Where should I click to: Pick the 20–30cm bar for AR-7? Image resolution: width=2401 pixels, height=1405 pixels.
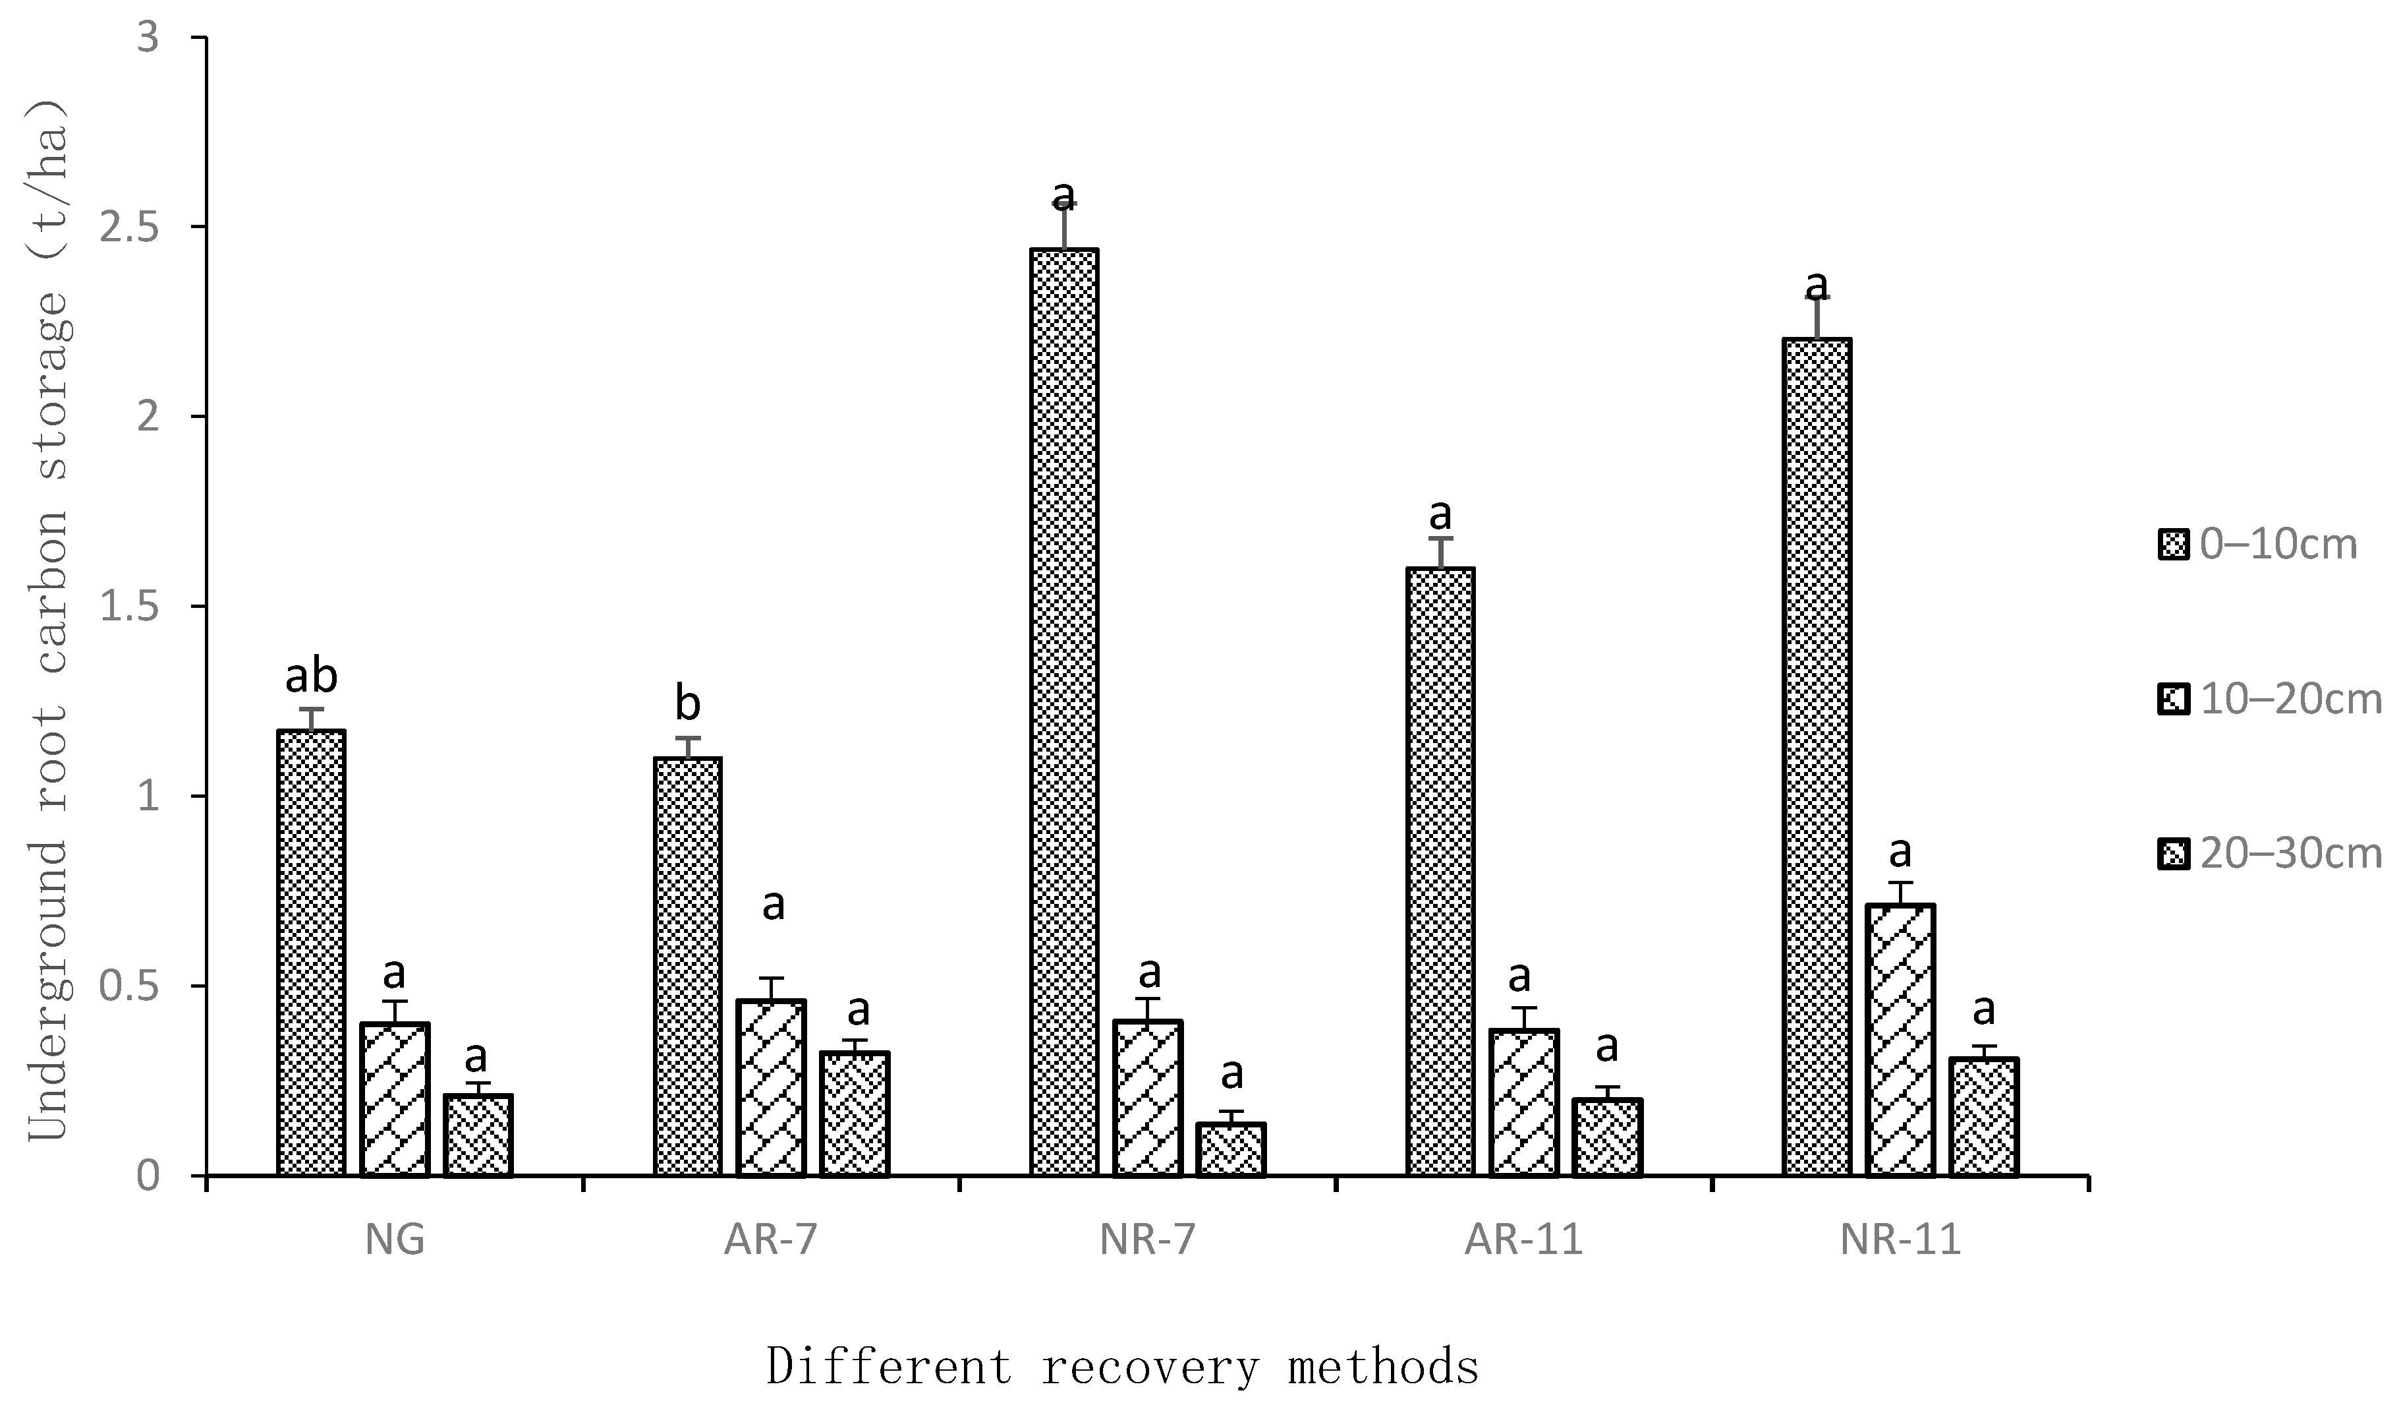click(x=855, y=1114)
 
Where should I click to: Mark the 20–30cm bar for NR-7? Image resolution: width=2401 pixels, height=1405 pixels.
click(x=1231, y=1150)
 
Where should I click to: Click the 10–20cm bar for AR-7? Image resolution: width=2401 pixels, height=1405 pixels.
click(x=771, y=1088)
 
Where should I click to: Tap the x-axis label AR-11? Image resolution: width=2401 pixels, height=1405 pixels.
click(x=1523, y=1240)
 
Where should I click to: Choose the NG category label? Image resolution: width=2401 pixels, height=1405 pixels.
click(x=395, y=1240)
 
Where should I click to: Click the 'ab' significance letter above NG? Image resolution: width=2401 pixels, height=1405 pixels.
click(x=312, y=676)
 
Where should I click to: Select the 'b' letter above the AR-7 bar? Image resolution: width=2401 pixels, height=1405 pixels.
click(x=687, y=704)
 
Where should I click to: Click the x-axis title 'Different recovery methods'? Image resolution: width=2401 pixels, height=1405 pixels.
click(x=1122, y=1367)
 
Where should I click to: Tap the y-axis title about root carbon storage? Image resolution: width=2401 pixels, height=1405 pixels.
click(x=47, y=620)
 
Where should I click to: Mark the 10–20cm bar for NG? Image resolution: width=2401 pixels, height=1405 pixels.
click(x=395, y=1099)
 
